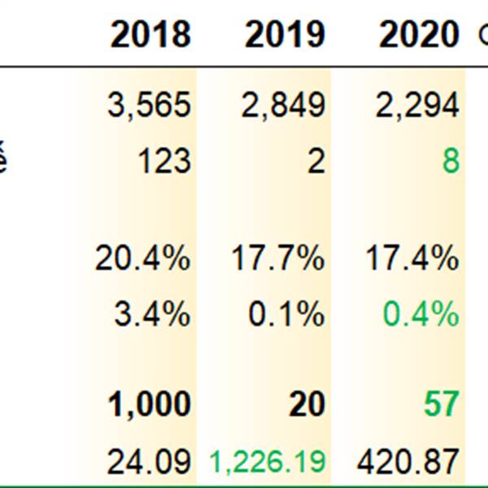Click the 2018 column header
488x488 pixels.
[150, 35]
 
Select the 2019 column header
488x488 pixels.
[285, 35]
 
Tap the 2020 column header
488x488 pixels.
[418, 35]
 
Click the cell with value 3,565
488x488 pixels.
[149, 105]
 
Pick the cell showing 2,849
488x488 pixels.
[283, 105]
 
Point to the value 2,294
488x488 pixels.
[417, 105]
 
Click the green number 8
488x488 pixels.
[450, 161]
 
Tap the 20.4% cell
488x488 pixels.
[142, 259]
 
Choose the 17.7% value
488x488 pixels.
[277, 259]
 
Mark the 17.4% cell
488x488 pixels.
[411, 259]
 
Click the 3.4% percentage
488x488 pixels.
[152, 315]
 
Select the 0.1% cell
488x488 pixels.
[286, 315]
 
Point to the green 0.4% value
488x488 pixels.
[421, 315]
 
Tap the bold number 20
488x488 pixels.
[307, 404]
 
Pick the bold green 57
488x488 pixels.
[441, 404]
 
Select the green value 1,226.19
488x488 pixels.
[268, 461]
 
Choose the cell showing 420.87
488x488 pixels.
[407, 461]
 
